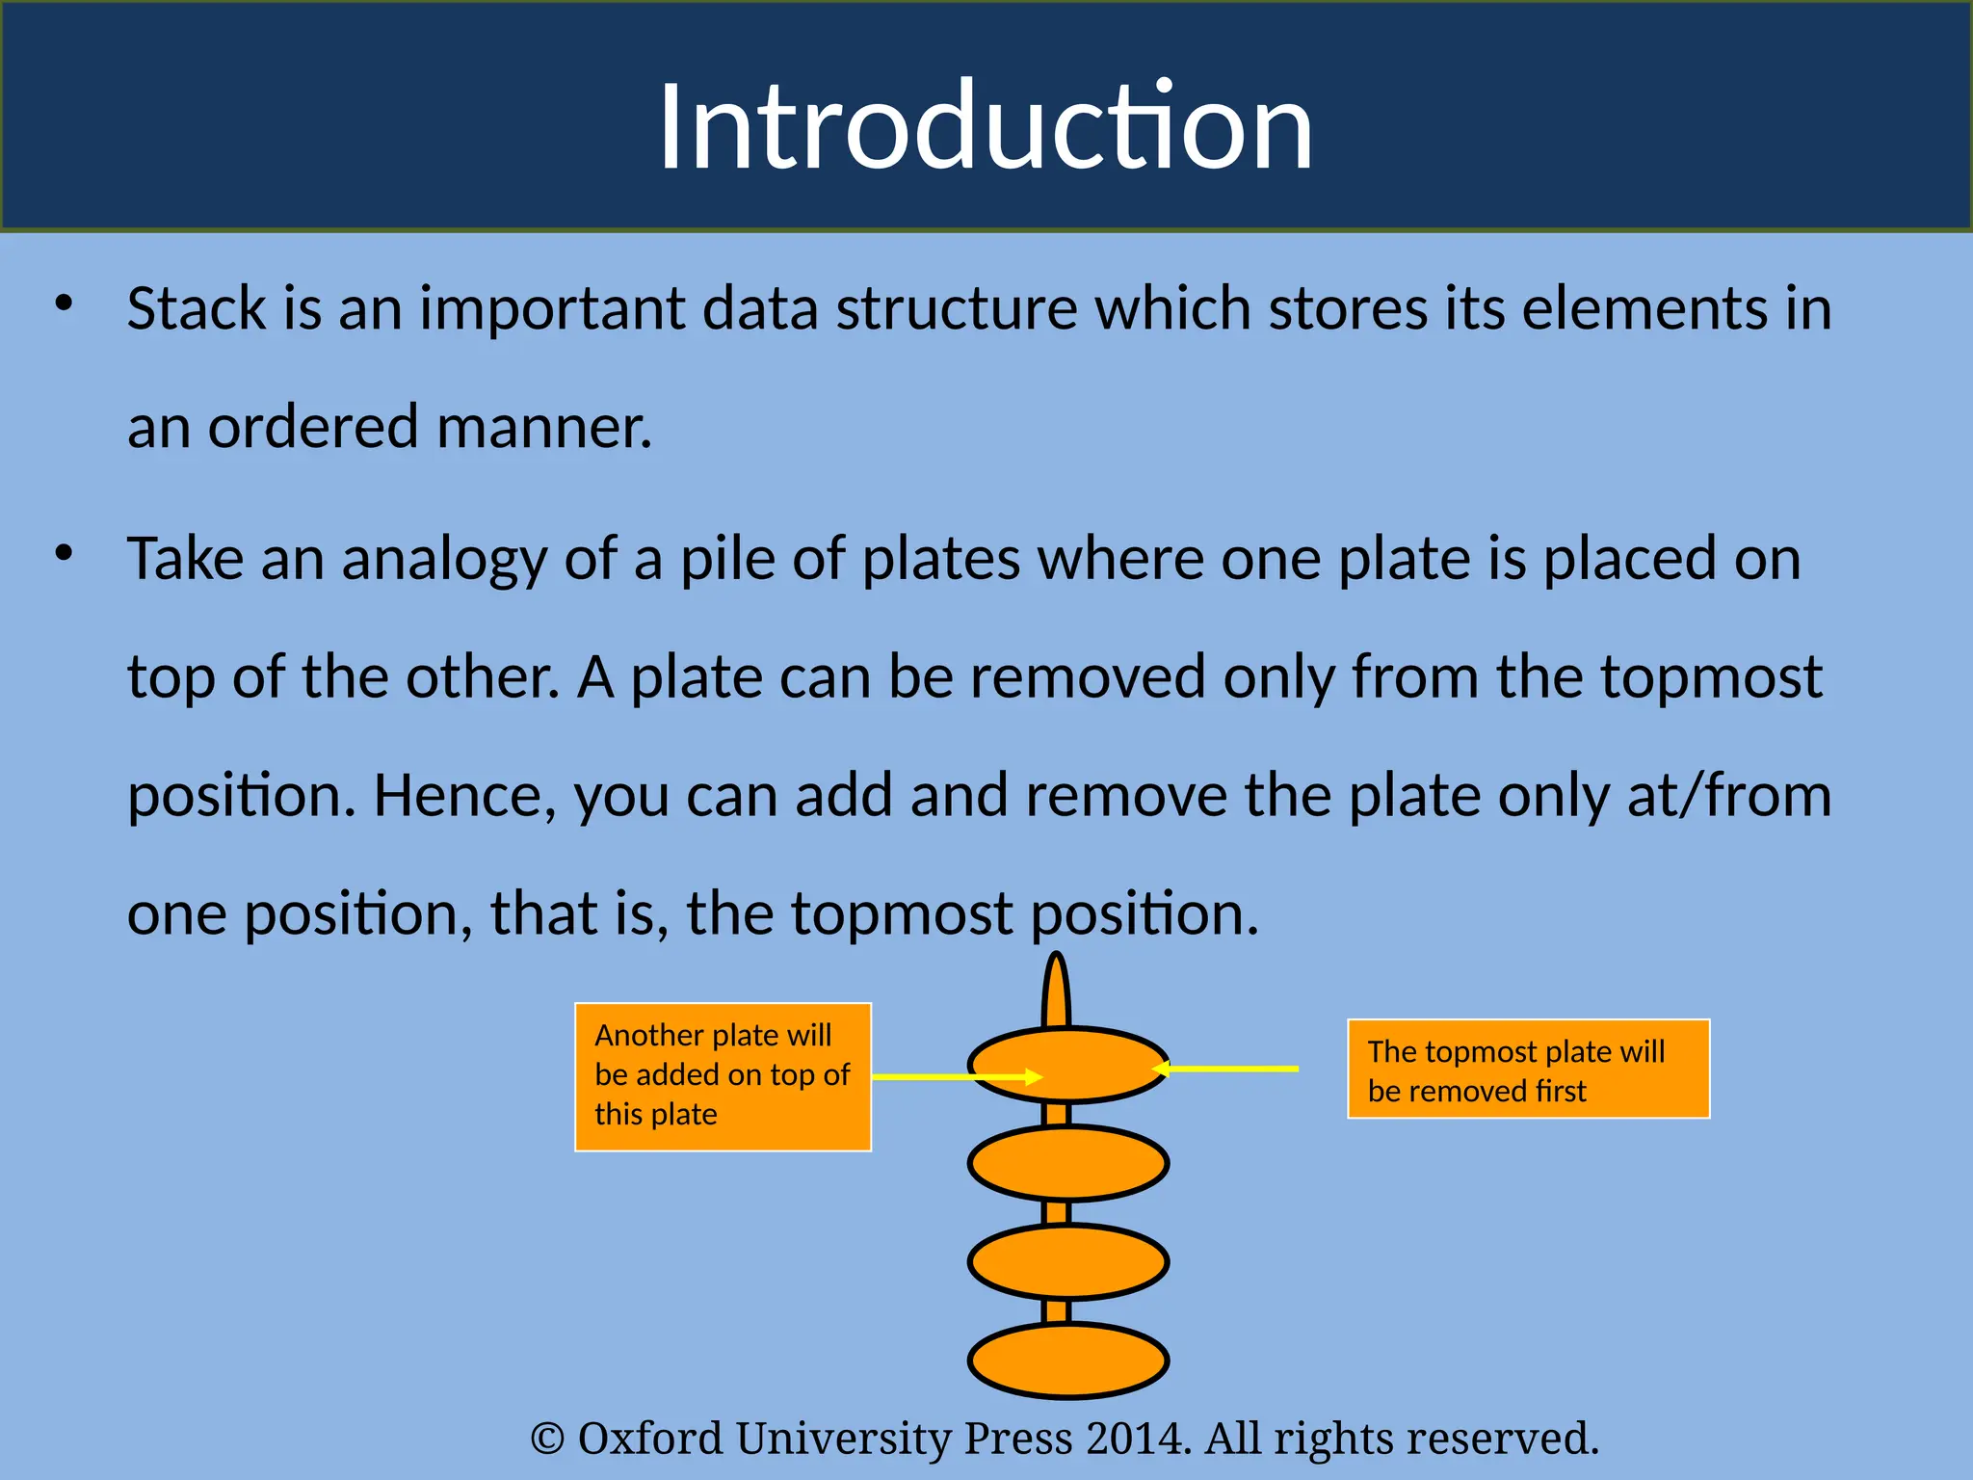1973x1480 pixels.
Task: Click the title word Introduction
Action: pyautogui.click(x=985, y=127)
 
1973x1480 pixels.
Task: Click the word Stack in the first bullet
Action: pyautogui.click(x=197, y=309)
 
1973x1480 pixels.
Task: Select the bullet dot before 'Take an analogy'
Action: pyautogui.click(x=65, y=553)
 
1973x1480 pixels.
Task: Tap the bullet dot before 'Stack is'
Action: pyautogui.click(x=65, y=304)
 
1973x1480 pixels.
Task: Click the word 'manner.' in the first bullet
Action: pyautogui.click(x=544, y=428)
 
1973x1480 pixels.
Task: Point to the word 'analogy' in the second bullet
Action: pyautogui.click(x=444, y=560)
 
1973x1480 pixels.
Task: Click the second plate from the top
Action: pyautogui.click(x=1068, y=1162)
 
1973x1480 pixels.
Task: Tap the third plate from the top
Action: pyautogui.click(x=1068, y=1261)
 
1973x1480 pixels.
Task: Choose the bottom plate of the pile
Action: pyautogui.click(x=1068, y=1361)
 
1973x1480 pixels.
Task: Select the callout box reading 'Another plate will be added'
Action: pyautogui.click(x=723, y=1076)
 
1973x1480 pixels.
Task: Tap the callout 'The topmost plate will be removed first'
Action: pyautogui.click(x=1528, y=1069)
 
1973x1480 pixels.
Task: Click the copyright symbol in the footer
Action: pyautogui.click(x=547, y=1440)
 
